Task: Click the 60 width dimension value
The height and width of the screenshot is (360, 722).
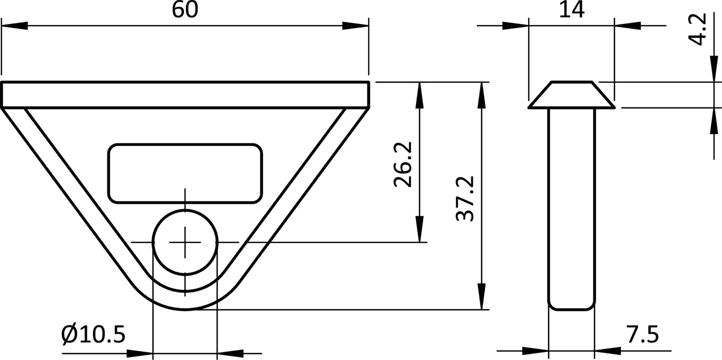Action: click(185, 10)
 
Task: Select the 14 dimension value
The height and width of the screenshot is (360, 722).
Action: click(571, 10)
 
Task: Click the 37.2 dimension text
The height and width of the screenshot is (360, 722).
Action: click(465, 199)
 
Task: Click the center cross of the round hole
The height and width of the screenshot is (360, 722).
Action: click(185, 242)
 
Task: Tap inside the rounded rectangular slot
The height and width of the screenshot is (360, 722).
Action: click(185, 173)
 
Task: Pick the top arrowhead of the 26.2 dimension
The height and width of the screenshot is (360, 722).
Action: click(420, 95)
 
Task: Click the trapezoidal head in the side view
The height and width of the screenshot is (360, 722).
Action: click(571, 95)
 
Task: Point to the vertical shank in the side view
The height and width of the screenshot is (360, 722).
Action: click(571, 208)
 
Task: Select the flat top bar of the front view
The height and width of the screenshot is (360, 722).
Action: click(185, 94)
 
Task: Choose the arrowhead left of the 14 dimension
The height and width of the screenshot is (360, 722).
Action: click(515, 26)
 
